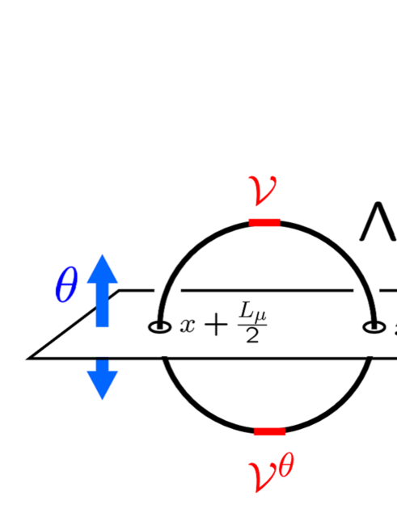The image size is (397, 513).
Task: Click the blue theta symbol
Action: (x=67, y=285)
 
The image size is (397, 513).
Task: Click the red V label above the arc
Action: (x=264, y=191)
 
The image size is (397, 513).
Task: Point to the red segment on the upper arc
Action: (x=264, y=222)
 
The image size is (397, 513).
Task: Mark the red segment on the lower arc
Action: (x=269, y=431)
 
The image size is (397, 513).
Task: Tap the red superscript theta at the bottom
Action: (x=285, y=466)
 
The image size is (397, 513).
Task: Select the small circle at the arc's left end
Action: (x=159, y=327)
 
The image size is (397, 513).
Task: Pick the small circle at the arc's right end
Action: (x=373, y=327)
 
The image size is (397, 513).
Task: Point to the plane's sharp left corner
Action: (x=30, y=356)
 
